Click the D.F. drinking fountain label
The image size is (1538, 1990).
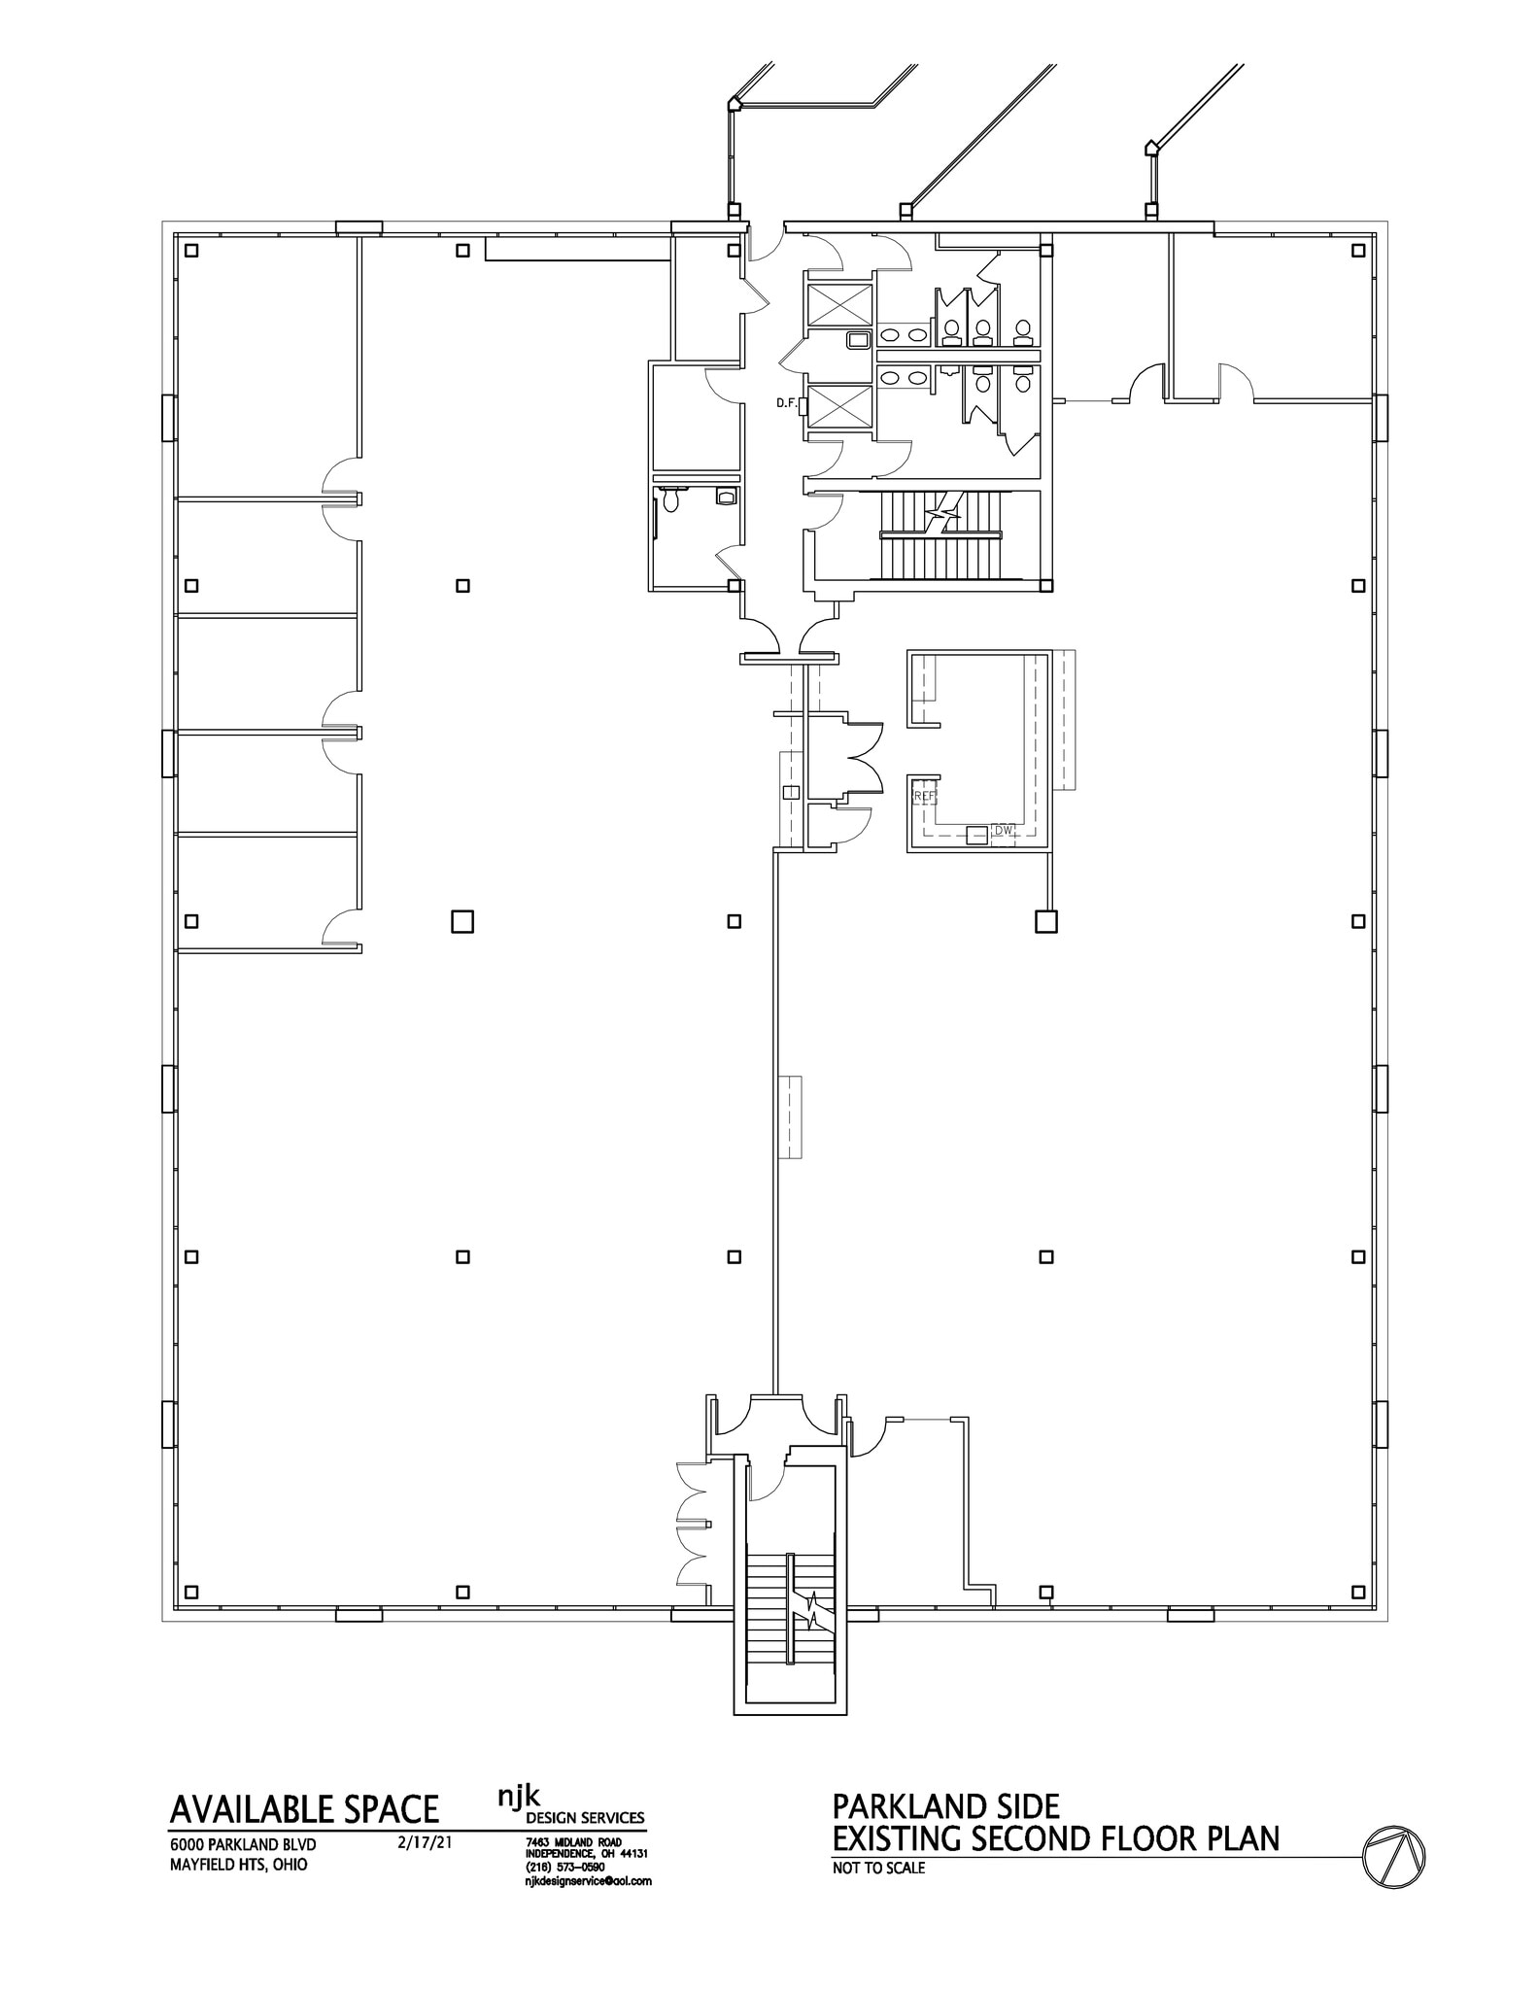[x=786, y=402]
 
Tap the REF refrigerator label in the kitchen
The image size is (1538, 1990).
[x=924, y=795]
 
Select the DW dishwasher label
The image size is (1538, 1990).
[x=1004, y=831]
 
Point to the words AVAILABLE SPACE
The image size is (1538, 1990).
[x=304, y=1809]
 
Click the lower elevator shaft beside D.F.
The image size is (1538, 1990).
[x=839, y=406]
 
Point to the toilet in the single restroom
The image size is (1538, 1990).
[x=669, y=499]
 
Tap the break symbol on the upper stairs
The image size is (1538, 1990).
[x=941, y=511]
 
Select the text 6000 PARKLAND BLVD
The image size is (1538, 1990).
[x=243, y=1844]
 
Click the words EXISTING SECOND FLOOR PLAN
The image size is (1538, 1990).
[x=1055, y=1838]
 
